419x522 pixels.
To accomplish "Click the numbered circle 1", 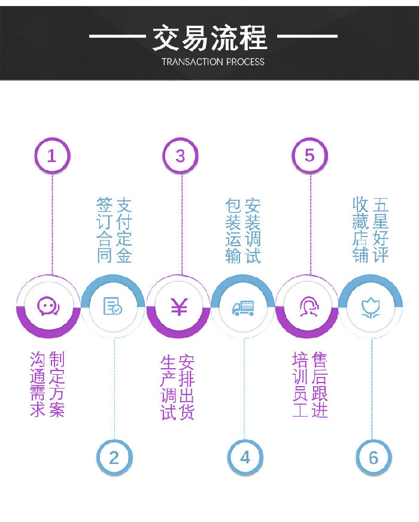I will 52,156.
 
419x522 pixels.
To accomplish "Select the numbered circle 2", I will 114,458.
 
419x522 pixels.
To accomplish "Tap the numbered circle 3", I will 180,156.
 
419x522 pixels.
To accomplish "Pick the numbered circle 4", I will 245,458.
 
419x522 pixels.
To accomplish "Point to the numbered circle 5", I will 309,156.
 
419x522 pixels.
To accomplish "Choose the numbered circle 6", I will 374,458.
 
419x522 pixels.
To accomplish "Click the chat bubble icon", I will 48,306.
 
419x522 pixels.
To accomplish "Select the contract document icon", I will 113,306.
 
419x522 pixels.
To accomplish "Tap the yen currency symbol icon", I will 178,306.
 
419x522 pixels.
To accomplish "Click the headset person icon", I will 308,306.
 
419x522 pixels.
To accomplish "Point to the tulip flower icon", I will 372,306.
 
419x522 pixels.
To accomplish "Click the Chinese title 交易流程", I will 209,37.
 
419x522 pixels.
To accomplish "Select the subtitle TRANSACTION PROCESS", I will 212,62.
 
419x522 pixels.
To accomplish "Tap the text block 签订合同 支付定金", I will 114,230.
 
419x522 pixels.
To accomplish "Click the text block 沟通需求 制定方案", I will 47,384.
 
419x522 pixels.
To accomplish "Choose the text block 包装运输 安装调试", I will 244,230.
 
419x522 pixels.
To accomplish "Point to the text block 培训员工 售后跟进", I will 310,386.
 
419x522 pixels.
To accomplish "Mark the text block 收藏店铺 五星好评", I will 371,230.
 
